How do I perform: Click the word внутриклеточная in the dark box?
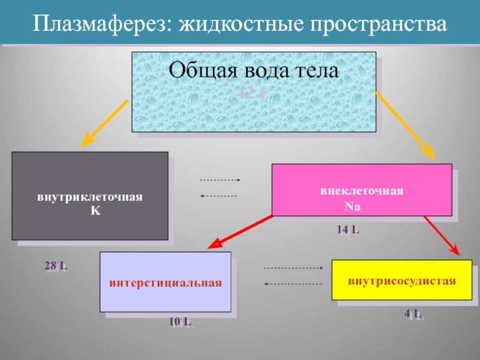[90, 197]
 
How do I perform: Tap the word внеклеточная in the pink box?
[362, 191]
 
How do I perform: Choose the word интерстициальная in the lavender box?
[166, 282]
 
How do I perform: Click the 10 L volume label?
[181, 323]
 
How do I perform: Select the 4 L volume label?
[413, 314]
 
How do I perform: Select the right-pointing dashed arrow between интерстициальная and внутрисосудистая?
[293, 268]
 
